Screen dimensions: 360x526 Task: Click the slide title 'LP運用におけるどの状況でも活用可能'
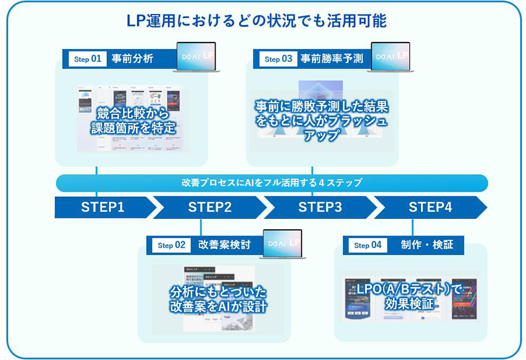click(x=257, y=21)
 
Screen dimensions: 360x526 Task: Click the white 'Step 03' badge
click(x=278, y=59)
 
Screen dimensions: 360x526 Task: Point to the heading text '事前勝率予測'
click(x=331, y=59)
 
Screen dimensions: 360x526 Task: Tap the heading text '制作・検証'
click(x=427, y=245)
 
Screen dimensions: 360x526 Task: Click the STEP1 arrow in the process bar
click(x=103, y=207)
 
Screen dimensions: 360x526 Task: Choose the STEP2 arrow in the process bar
click(x=210, y=207)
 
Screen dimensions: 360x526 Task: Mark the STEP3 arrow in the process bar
click(x=320, y=207)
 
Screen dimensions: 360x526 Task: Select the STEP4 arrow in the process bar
click(x=430, y=207)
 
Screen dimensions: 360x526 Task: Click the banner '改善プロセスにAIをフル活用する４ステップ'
click(x=272, y=183)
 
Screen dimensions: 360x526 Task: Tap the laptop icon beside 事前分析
click(x=196, y=57)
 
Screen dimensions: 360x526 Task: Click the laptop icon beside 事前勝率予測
click(x=390, y=57)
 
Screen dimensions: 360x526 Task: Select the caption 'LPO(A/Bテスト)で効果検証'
click(x=410, y=296)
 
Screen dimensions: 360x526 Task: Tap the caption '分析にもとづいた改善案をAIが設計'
click(x=218, y=299)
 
